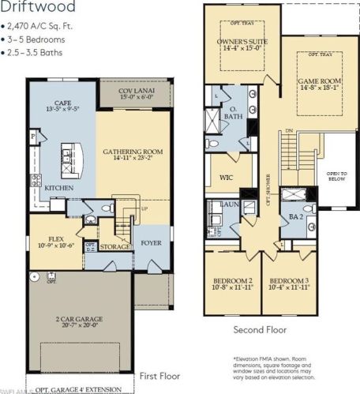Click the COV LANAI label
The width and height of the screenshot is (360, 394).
coord(136,89)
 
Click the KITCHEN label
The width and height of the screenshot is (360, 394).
coord(59,188)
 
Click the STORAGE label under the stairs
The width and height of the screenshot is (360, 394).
coord(116,246)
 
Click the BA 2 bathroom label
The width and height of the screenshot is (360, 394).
coord(297,212)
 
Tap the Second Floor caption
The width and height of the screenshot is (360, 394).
coord(261,330)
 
